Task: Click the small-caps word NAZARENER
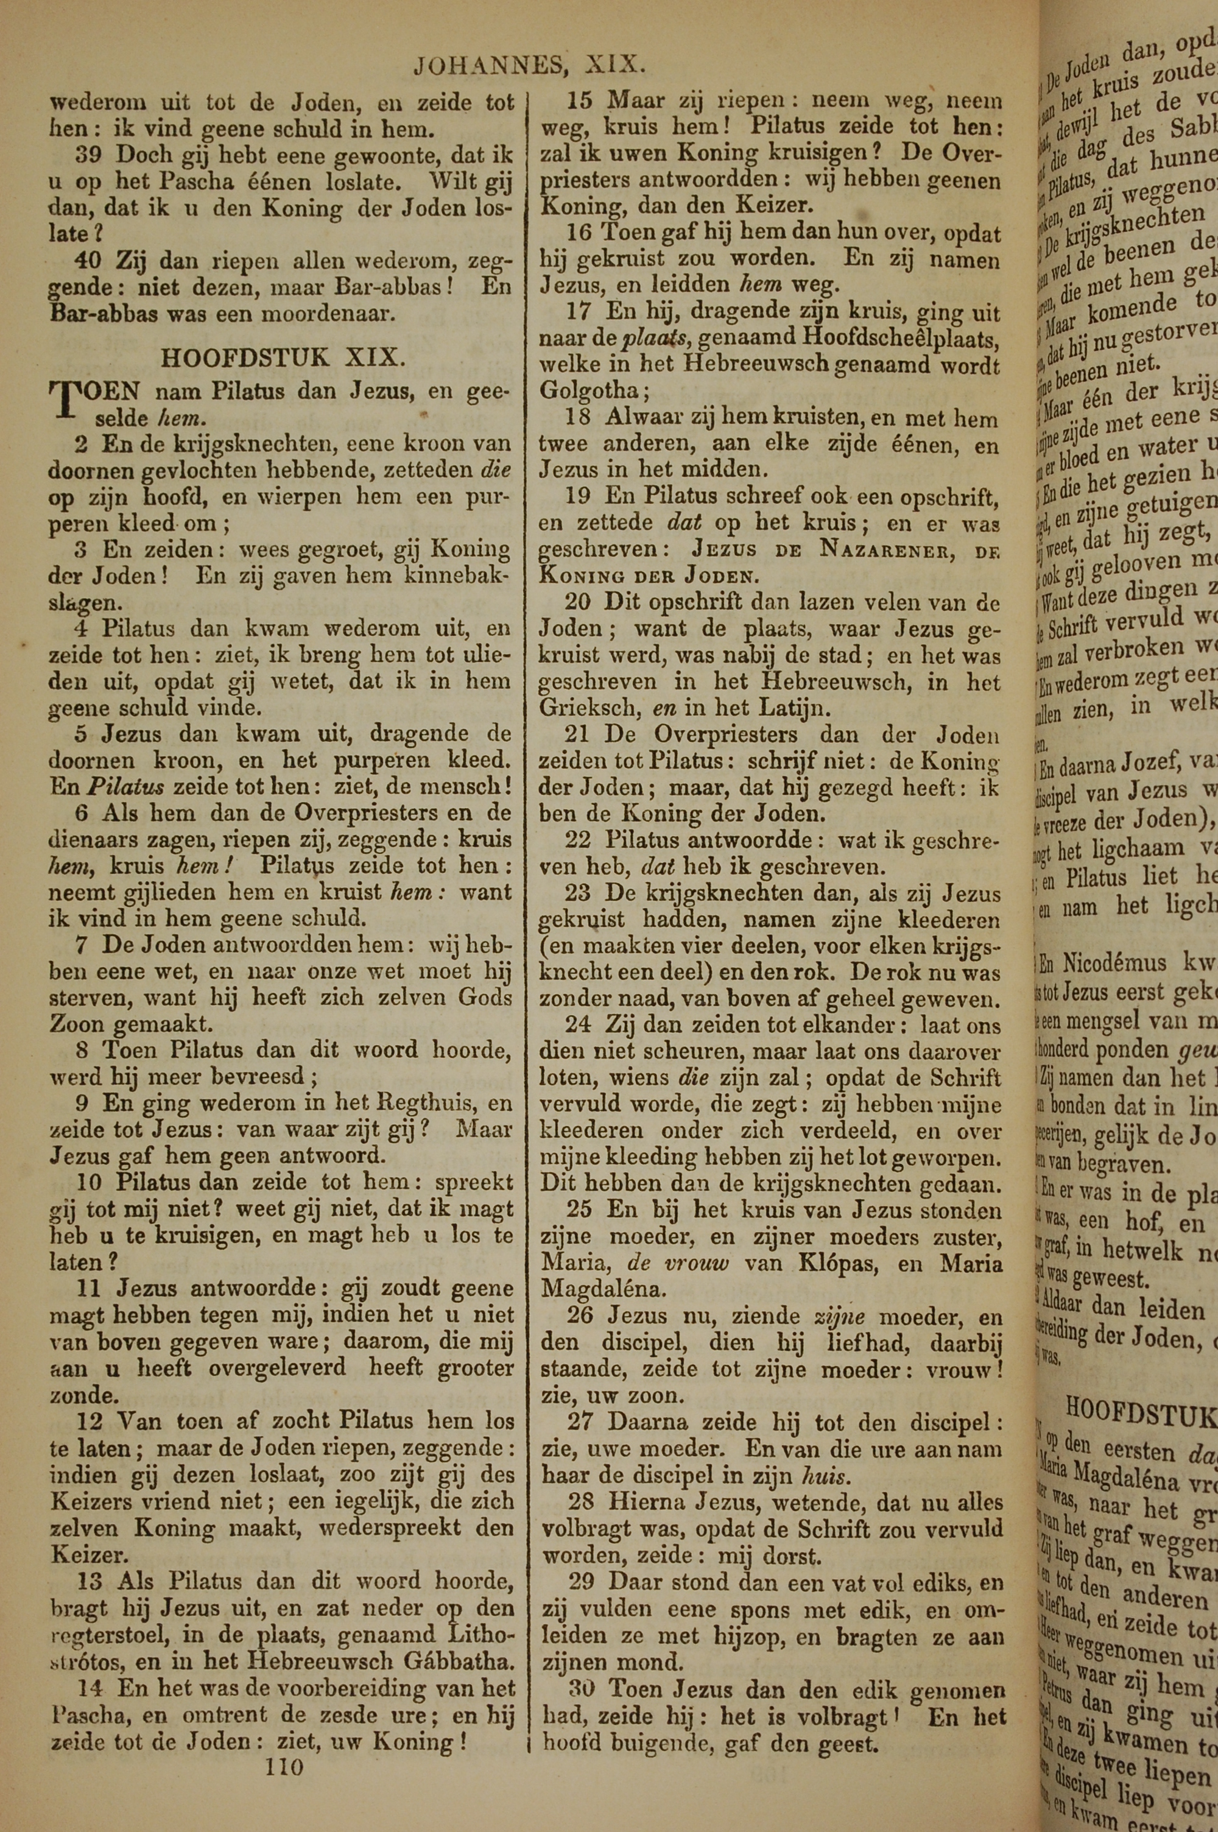pyautogui.click(x=886, y=551)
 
